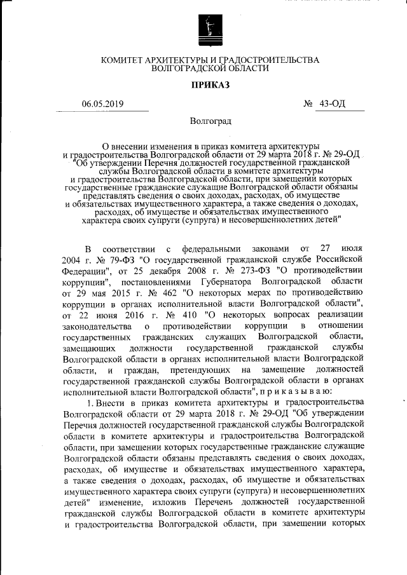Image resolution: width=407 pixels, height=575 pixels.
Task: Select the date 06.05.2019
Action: tap(102, 104)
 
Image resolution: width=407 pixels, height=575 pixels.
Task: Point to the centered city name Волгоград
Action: tap(210, 121)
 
